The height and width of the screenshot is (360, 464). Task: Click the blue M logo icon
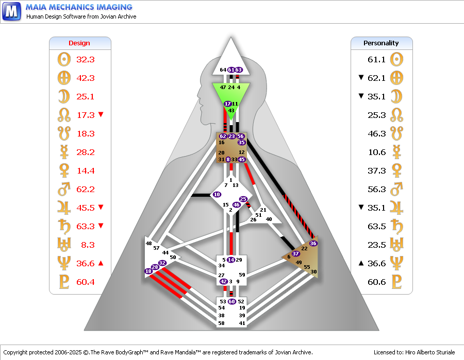click(x=11, y=11)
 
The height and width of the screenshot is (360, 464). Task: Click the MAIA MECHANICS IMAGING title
click(x=79, y=7)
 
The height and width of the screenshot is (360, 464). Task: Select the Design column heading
click(x=79, y=43)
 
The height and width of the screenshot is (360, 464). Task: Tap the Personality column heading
click(x=381, y=43)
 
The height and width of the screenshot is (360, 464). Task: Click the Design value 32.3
click(x=86, y=59)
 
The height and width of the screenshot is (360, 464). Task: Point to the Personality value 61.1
click(x=377, y=59)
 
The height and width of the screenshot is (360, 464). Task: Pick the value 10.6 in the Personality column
click(x=377, y=152)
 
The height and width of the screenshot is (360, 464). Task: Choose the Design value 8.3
click(x=88, y=245)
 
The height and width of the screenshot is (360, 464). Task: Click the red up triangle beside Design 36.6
click(x=101, y=263)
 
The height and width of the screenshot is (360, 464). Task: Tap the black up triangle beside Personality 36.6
click(x=361, y=263)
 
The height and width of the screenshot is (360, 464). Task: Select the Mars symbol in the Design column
click(x=64, y=189)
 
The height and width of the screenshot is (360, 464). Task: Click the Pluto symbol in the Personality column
click(x=397, y=282)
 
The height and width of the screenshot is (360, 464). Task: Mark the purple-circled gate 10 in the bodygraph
click(x=217, y=195)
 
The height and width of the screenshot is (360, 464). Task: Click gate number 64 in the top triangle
click(x=223, y=70)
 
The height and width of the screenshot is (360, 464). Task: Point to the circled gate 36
click(x=313, y=243)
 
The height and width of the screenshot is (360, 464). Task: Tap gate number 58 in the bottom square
click(x=221, y=323)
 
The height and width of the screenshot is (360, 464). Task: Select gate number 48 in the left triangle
click(x=148, y=244)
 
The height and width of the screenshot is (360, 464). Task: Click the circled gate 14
click(x=231, y=260)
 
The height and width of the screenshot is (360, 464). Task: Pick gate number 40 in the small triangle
click(x=269, y=219)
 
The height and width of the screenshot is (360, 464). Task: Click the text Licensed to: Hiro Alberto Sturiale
click(x=414, y=352)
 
